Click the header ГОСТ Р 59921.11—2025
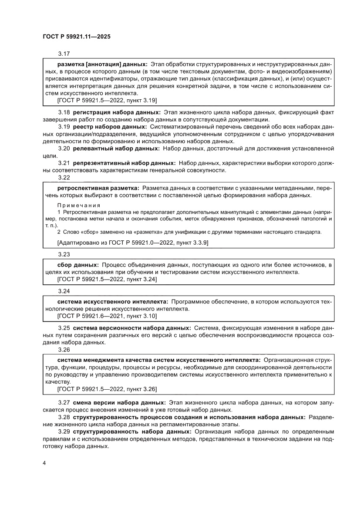pyautogui.click(x=76, y=37)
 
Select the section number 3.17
pyautogui.click(x=64, y=54)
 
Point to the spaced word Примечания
pyautogui.click(x=79, y=205)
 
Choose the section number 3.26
pyautogui.click(x=64, y=349)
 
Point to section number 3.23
pyautogui.click(x=64, y=254)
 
